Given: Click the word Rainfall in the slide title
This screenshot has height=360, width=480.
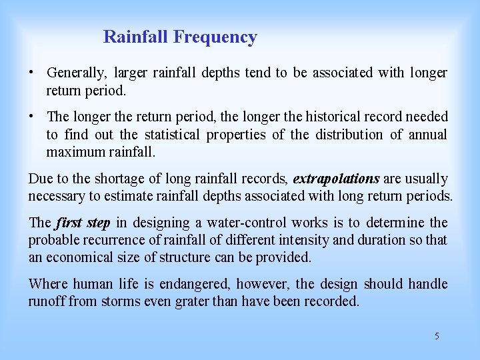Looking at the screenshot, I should (137, 37).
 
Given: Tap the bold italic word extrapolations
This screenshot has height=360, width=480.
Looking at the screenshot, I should (336, 179).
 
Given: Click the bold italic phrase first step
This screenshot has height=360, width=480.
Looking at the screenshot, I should (83, 223).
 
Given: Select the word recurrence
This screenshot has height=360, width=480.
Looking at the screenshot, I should (109, 240).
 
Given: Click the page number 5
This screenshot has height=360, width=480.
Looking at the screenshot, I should (437, 336).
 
